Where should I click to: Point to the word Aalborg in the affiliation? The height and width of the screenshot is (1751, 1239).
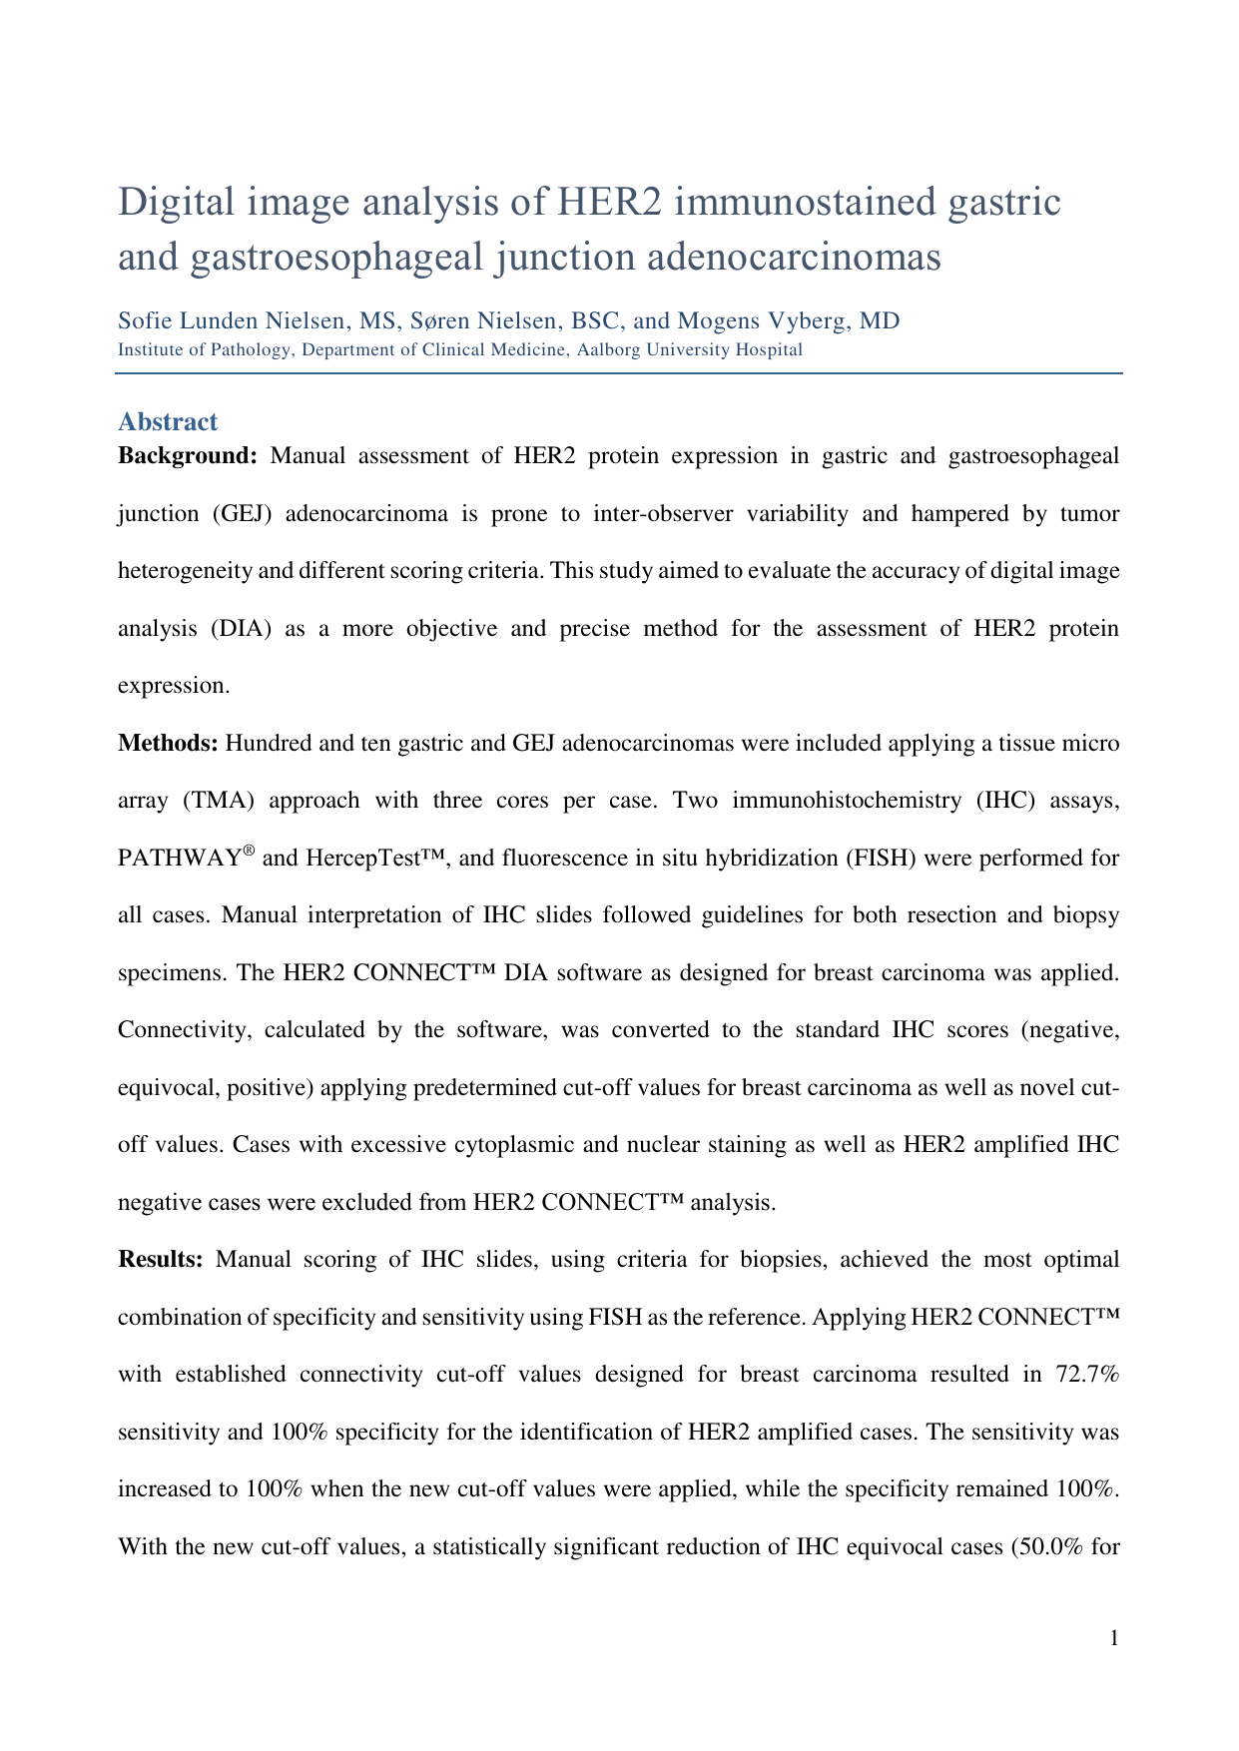(611, 349)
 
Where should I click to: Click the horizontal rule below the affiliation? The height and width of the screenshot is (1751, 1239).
(619, 373)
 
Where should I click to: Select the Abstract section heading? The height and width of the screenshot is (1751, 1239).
(168, 422)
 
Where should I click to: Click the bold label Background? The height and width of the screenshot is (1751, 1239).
(188, 456)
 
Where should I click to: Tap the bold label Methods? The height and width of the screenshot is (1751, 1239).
(168, 743)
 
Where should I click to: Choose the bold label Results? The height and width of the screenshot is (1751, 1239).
(161, 1259)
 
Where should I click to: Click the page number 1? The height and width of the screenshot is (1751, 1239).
(1114, 1638)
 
